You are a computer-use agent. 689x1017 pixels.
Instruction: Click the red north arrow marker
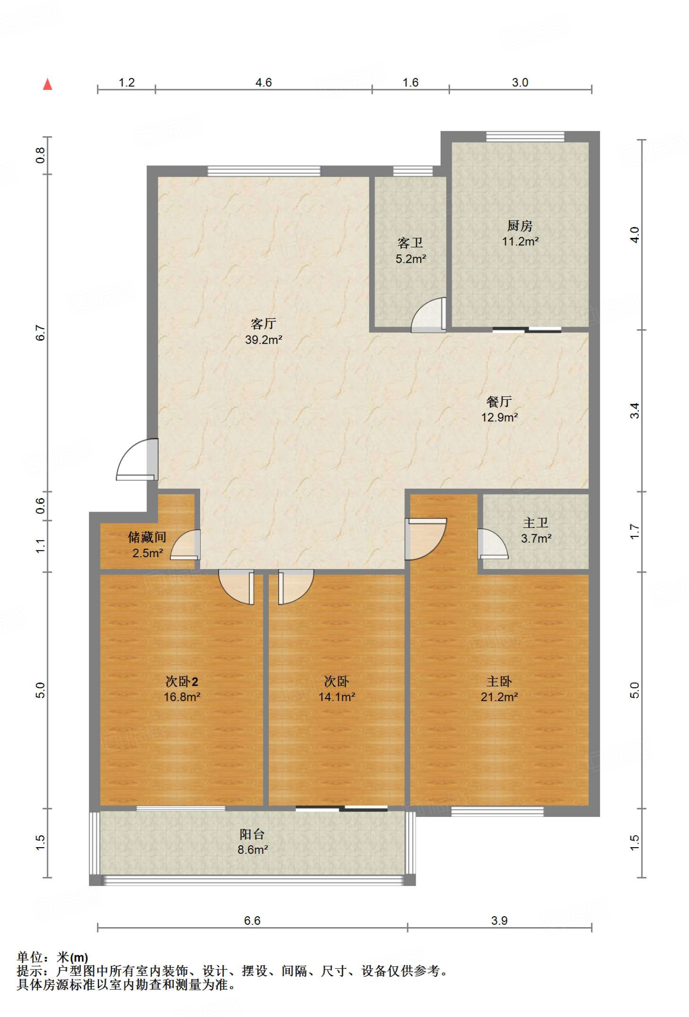(x=48, y=84)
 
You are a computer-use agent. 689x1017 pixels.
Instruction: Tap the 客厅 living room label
(x=263, y=324)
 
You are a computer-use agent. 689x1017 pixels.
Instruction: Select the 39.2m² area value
(x=264, y=340)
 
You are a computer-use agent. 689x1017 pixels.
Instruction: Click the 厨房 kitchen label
(x=520, y=226)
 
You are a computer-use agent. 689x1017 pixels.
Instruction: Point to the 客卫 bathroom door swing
(x=428, y=315)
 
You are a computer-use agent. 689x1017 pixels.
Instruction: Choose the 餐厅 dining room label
(x=499, y=401)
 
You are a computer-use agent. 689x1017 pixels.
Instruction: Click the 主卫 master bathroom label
(x=536, y=523)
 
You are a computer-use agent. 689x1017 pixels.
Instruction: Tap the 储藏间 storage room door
(x=186, y=545)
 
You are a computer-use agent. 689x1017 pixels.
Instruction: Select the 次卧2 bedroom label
(x=182, y=681)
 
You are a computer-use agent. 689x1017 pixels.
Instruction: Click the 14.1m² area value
(x=337, y=697)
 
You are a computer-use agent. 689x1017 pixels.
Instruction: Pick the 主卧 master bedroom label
(x=499, y=681)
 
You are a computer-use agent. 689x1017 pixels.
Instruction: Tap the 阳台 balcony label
(x=252, y=834)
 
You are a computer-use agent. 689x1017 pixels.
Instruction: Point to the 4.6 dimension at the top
(x=264, y=82)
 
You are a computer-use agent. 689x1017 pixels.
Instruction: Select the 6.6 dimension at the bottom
(x=252, y=921)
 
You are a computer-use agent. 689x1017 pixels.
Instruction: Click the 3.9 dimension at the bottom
(x=499, y=921)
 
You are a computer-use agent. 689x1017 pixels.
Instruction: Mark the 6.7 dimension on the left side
(x=40, y=333)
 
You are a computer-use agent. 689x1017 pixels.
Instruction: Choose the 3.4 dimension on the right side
(x=634, y=411)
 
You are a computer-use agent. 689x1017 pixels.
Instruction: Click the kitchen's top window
(x=525, y=137)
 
